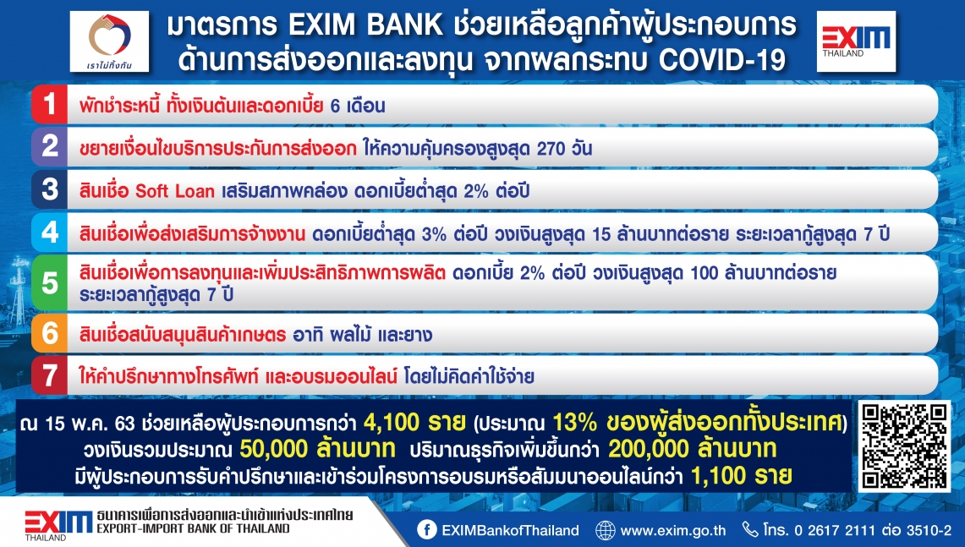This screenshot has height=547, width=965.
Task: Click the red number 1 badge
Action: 49,105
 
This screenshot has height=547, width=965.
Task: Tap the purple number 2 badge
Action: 49,147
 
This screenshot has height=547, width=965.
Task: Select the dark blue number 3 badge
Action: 49,189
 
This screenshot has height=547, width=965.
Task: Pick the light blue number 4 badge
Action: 49,232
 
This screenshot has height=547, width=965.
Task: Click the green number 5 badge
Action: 49,283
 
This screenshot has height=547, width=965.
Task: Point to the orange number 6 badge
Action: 49,333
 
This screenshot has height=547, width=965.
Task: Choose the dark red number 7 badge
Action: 49,375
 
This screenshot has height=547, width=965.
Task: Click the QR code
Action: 904,446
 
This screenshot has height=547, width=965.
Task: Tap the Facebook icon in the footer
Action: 426,530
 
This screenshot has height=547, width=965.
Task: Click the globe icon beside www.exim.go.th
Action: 605,530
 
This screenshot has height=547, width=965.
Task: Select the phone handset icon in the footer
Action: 749,529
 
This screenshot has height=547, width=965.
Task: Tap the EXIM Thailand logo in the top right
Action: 856,41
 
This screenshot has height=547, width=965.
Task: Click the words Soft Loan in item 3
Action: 175,191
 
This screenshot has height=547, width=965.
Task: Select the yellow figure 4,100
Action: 391,423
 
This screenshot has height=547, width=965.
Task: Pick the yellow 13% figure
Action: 575,423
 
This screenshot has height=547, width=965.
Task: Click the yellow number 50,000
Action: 274,449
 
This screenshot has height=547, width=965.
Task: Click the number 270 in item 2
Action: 551,148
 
